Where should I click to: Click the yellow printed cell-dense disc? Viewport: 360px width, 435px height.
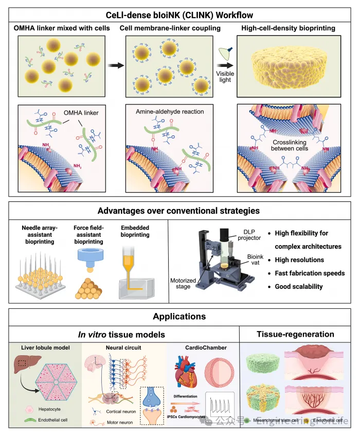[291, 66]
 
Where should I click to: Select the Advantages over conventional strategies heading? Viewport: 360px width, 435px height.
[179, 211]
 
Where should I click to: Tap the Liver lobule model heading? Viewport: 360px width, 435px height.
[44, 348]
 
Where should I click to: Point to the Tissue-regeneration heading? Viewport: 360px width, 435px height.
[295, 334]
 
